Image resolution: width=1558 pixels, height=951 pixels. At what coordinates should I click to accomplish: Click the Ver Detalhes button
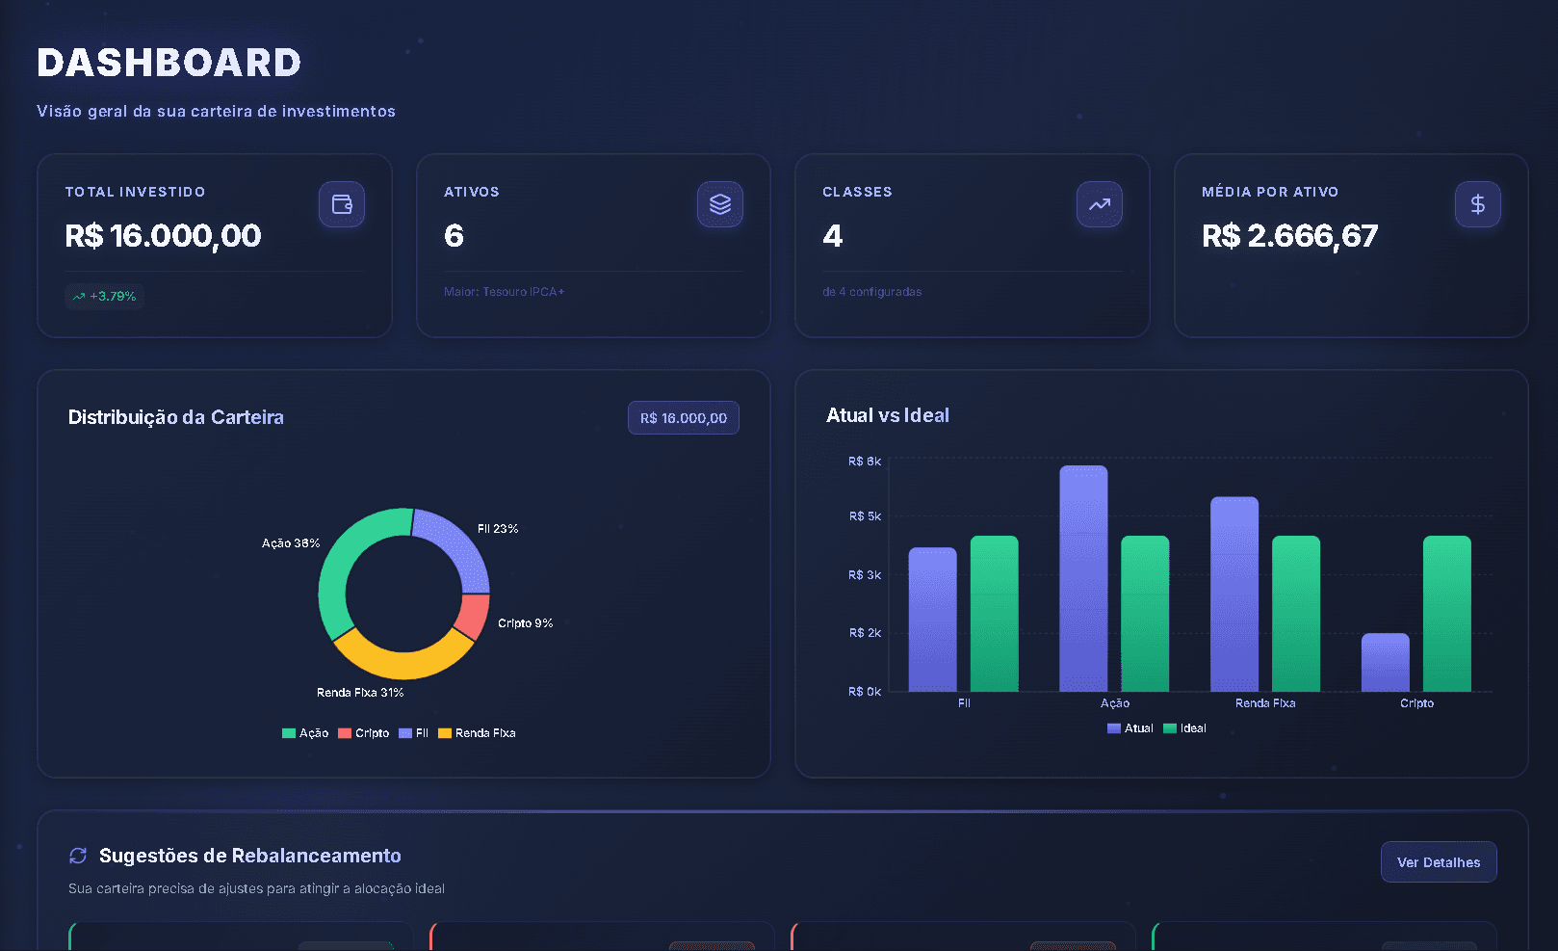[x=1439, y=862]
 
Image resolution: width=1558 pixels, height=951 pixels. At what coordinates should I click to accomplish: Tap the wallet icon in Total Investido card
[x=342, y=204]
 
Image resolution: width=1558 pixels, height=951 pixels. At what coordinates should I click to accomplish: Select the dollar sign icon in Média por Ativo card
[x=1477, y=204]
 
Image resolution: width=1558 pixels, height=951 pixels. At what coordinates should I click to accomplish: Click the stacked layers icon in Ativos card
[x=720, y=204]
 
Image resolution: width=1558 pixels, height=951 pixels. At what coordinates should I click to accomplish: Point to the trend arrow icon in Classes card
[x=1099, y=204]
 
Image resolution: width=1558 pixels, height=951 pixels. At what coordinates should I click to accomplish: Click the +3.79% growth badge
[x=105, y=296]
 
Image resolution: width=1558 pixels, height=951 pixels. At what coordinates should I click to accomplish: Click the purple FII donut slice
[x=456, y=545]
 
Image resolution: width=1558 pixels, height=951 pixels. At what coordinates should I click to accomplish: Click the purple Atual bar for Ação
[x=1083, y=578]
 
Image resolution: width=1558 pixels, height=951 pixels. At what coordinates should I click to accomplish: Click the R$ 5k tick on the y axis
[x=864, y=516]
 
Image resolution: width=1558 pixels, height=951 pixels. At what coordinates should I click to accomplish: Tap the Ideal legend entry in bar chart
[x=1185, y=728]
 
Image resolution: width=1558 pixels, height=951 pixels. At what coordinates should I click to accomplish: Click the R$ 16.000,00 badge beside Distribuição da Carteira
[x=683, y=418]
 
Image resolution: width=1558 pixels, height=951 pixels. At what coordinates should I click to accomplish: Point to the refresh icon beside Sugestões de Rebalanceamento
[x=78, y=856]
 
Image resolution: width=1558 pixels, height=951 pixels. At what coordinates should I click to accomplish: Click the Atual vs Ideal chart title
[x=887, y=415]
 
